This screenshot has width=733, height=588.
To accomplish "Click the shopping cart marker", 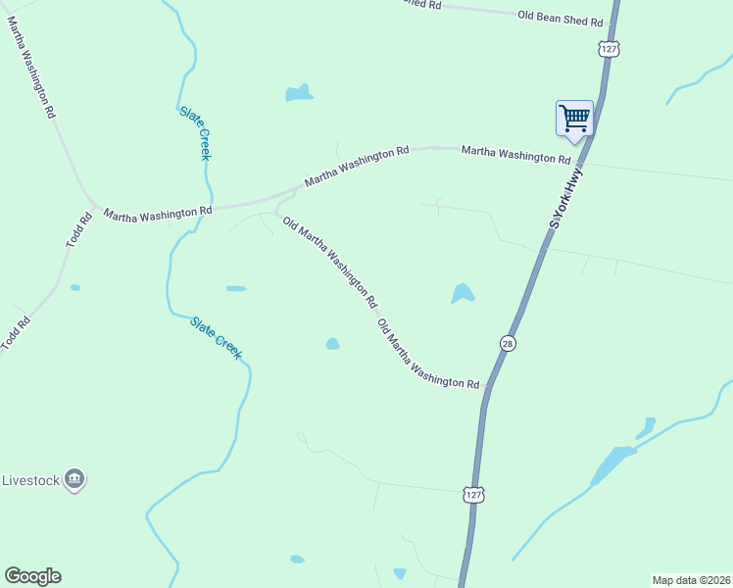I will tap(574, 120).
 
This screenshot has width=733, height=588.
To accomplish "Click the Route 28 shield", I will tap(508, 343).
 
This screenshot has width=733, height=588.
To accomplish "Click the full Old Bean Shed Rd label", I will tap(561, 17).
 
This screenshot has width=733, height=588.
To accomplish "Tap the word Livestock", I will tap(30, 481).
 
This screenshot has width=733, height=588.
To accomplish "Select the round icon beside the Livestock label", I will tap(74, 480).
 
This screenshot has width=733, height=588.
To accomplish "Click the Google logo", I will tap(32, 576).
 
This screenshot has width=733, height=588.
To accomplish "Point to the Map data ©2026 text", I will tap(691, 580).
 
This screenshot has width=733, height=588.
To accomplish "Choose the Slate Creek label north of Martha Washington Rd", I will tap(196, 132).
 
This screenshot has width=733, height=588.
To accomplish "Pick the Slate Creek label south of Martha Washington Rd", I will tap(217, 337).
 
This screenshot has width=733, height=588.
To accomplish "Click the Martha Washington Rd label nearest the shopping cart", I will tap(515, 154).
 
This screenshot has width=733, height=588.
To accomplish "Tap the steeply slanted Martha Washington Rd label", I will tap(30, 67).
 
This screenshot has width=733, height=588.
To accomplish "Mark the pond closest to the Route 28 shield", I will tap(463, 293).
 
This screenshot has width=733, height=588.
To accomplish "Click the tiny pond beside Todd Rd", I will tap(75, 287).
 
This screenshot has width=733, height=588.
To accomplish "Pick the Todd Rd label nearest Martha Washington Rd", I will tap(78, 231).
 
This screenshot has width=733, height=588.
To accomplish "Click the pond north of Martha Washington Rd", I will tap(299, 94).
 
